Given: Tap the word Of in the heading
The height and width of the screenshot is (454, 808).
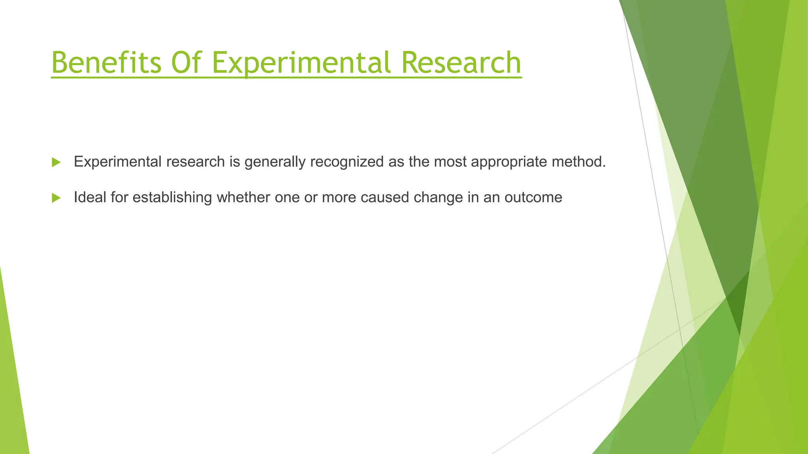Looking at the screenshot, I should pyautogui.click(x=187, y=63).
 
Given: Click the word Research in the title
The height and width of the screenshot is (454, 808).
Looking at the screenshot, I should pyautogui.click(x=461, y=63).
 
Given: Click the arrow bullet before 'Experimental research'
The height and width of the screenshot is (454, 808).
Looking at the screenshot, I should pyautogui.click(x=56, y=162).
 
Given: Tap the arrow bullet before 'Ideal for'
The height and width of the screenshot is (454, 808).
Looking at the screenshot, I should pyautogui.click(x=56, y=198).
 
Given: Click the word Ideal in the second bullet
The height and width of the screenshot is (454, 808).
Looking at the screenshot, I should pyautogui.click(x=90, y=197).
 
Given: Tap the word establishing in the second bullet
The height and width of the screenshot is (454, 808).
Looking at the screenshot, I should pyautogui.click(x=172, y=197).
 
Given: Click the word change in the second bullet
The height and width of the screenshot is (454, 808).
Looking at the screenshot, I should pyautogui.click(x=438, y=197).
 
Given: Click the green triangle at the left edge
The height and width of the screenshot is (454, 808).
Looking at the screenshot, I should pyautogui.click(x=12, y=386).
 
